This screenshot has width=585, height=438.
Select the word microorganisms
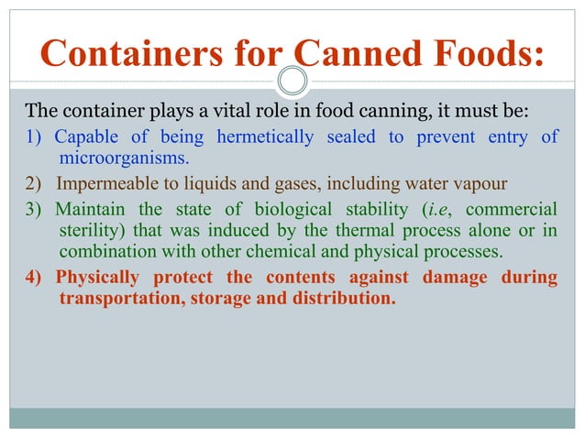tap(124, 157)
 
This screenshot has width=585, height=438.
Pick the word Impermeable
tap(105, 179)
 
